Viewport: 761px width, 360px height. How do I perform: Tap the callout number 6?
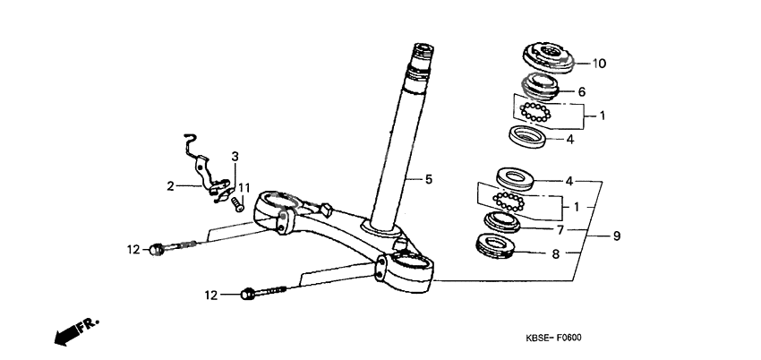pyautogui.click(x=581, y=91)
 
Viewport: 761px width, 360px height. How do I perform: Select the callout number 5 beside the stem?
pyautogui.click(x=428, y=180)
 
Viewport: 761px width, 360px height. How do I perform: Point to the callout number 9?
pyautogui.click(x=616, y=236)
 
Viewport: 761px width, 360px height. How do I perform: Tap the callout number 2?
pyautogui.click(x=169, y=186)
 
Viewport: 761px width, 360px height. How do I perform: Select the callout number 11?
pyautogui.click(x=244, y=186)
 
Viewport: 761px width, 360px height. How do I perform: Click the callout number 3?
pyautogui.click(x=235, y=157)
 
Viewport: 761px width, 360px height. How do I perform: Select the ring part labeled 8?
pyautogui.click(x=496, y=244)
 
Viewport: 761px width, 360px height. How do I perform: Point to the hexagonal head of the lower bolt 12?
pyautogui.click(x=249, y=294)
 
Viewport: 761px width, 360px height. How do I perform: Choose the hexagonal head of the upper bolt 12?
pyautogui.click(x=158, y=249)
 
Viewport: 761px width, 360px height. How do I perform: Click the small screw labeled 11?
pyautogui.click(x=238, y=204)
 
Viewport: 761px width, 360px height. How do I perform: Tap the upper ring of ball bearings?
pyautogui.click(x=539, y=113)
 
